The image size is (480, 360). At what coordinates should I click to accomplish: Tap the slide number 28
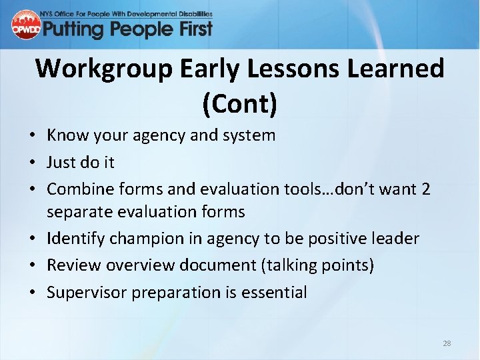(x=447, y=343)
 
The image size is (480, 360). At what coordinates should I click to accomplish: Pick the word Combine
(x=75, y=189)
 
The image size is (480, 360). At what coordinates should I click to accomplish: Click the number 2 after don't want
(x=425, y=189)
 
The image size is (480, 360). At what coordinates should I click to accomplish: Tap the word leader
(x=395, y=238)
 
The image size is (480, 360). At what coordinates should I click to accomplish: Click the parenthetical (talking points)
(x=317, y=265)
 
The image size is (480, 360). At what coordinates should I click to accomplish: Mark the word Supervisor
(x=82, y=292)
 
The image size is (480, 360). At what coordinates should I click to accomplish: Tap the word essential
(x=277, y=292)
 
